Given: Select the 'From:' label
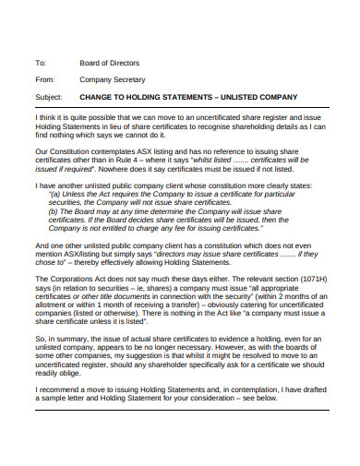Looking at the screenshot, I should coord(43,80).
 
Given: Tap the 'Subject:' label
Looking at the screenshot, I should coord(47,97).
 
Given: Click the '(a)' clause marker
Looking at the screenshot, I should coord(54,194).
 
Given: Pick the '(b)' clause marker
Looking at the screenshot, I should coord(54,211).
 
